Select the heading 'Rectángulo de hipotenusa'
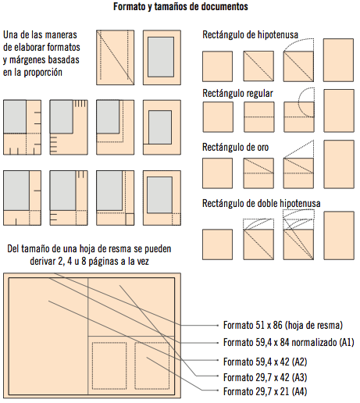tap(254, 35)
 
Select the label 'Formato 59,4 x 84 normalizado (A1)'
tap(288, 342)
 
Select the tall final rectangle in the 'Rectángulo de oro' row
tap(338, 166)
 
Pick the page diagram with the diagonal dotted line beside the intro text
tap(112, 57)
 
